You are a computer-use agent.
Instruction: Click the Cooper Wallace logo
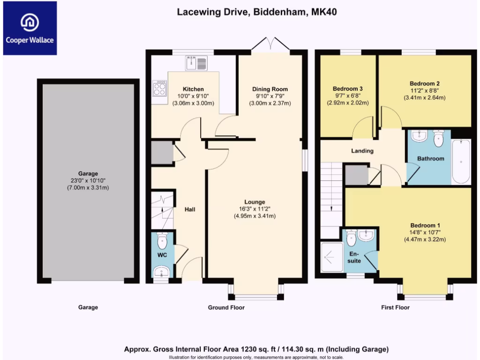(x=30, y=28)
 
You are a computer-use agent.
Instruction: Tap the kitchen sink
(x=196, y=63)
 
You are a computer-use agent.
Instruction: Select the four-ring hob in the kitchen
(x=160, y=89)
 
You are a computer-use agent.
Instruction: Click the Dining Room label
(x=270, y=89)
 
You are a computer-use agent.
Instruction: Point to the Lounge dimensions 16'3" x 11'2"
(x=255, y=209)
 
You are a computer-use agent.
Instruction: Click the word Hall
(x=190, y=210)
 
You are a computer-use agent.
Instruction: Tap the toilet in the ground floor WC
(x=162, y=240)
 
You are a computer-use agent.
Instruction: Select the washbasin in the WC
(x=161, y=272)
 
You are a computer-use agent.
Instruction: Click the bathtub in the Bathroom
(x=461, y=162)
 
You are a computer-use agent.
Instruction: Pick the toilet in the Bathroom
(x=438, y=138)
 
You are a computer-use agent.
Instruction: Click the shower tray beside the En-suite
(x=332, y=257)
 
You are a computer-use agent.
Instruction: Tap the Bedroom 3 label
(x=348, y=89)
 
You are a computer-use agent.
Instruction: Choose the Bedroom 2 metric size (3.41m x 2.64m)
(x=425, y=97)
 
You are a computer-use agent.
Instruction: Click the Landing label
(x=362, y=150)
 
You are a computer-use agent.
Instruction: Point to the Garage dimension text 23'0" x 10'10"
(x=88, y=180)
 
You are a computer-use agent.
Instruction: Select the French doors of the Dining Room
(x=270, y=44)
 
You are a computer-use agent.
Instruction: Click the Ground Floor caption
(x=226, y=307)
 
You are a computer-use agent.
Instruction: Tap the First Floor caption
(x=395, y=307)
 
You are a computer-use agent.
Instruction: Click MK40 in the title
(x=324, y=12)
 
